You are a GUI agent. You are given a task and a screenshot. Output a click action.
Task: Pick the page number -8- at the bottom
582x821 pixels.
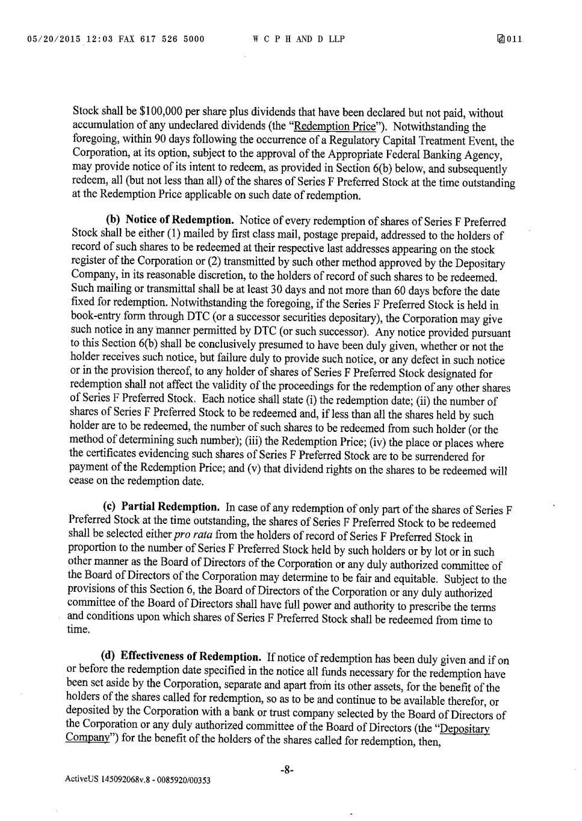coord(286,769)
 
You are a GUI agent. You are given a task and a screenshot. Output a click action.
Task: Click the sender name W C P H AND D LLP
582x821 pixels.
coord(299,40)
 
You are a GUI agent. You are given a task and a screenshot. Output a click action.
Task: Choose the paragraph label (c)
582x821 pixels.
coord(110,507)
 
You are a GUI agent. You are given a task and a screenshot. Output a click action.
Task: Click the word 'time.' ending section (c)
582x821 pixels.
coord(78,630)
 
